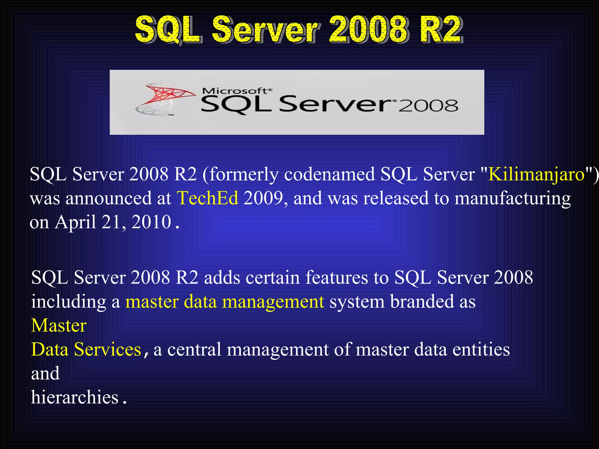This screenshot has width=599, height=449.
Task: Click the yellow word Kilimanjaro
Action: point(536,175)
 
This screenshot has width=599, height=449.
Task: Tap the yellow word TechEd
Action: point(207,198)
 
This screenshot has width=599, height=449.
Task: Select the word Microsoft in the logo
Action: point(235,91)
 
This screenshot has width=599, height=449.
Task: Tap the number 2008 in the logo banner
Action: point(428,106)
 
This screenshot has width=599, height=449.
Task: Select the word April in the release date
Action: point(75,222)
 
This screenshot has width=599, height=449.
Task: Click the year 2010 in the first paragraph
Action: point(151,222)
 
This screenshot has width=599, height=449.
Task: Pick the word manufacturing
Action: point(512,199)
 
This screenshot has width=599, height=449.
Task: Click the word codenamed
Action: point(329,175)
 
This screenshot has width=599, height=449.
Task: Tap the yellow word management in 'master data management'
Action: point(273,302)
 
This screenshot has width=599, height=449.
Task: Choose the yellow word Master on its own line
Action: point(59,325)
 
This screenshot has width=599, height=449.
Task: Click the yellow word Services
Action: point(107,349)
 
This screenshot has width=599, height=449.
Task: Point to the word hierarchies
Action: point(75,398)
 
